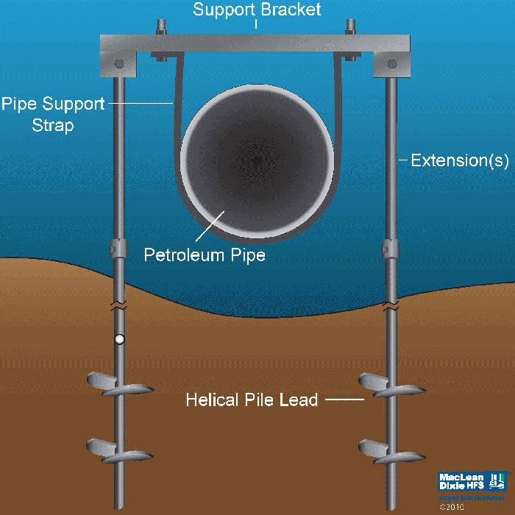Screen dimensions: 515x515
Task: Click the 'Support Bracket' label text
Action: (x=256, y=10)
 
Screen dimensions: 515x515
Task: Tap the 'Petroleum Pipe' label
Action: (x=204, y=257)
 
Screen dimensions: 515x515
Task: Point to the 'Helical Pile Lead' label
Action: (x=252, y=400)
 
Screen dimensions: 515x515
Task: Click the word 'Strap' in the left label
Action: (x=53, y=125)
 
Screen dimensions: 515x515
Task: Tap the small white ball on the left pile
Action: (x=118, y=340)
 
